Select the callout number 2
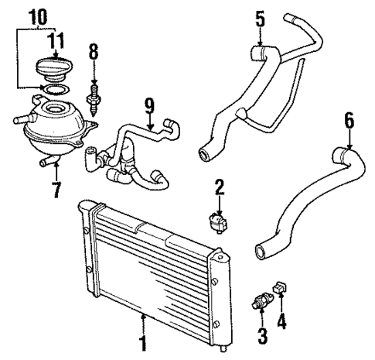[219, 186]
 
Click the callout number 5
[260, 15]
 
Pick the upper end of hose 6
[341, 150]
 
